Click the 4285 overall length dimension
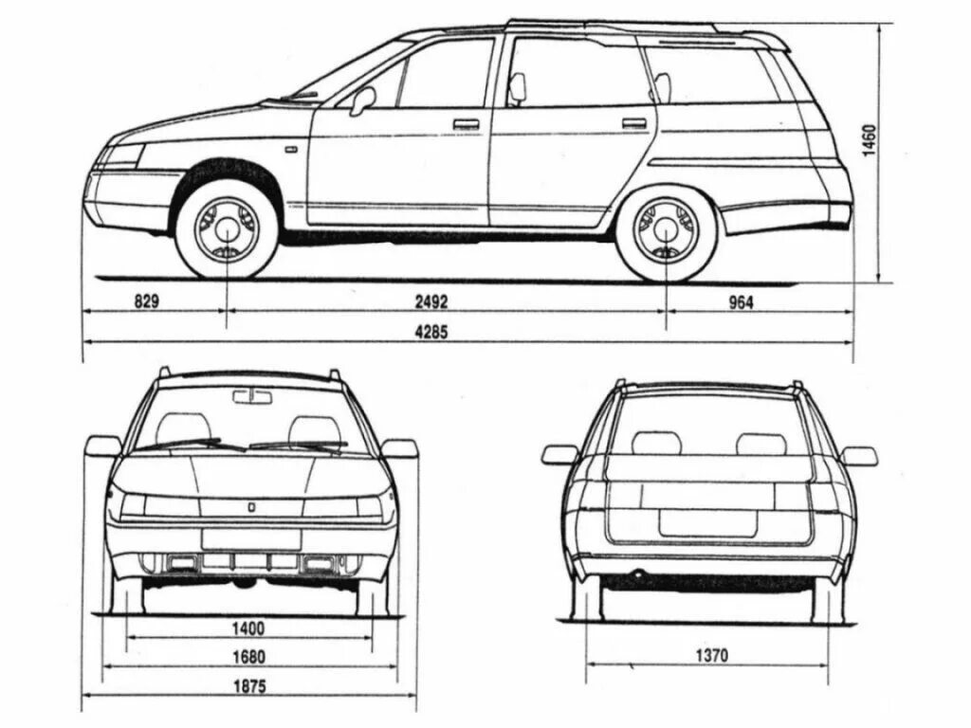[x=431, y=332]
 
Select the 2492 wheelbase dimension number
[x=431, y=302]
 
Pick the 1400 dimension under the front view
[x=246, y=628]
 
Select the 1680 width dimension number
[x=246, y=656]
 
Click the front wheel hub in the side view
[x=228, y=227]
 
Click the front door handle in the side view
[x=466, y=123]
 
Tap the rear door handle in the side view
[x=634, y=123]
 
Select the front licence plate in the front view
[x=250, y=538]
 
